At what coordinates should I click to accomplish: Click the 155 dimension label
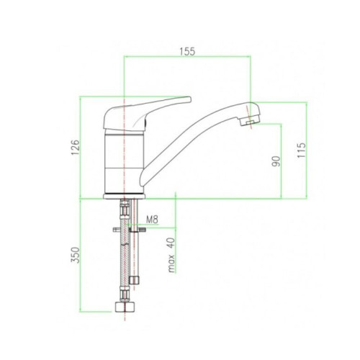187,51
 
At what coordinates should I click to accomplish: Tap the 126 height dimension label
75,147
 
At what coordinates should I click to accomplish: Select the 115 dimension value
302,150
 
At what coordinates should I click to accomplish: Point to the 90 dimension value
276,161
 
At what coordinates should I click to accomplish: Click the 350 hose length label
75,255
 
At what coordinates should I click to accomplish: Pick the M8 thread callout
152,220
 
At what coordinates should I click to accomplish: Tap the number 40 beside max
171,243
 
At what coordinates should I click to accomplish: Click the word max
171,264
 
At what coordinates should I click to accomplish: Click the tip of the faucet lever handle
189,99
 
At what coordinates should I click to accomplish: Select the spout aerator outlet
250,122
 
